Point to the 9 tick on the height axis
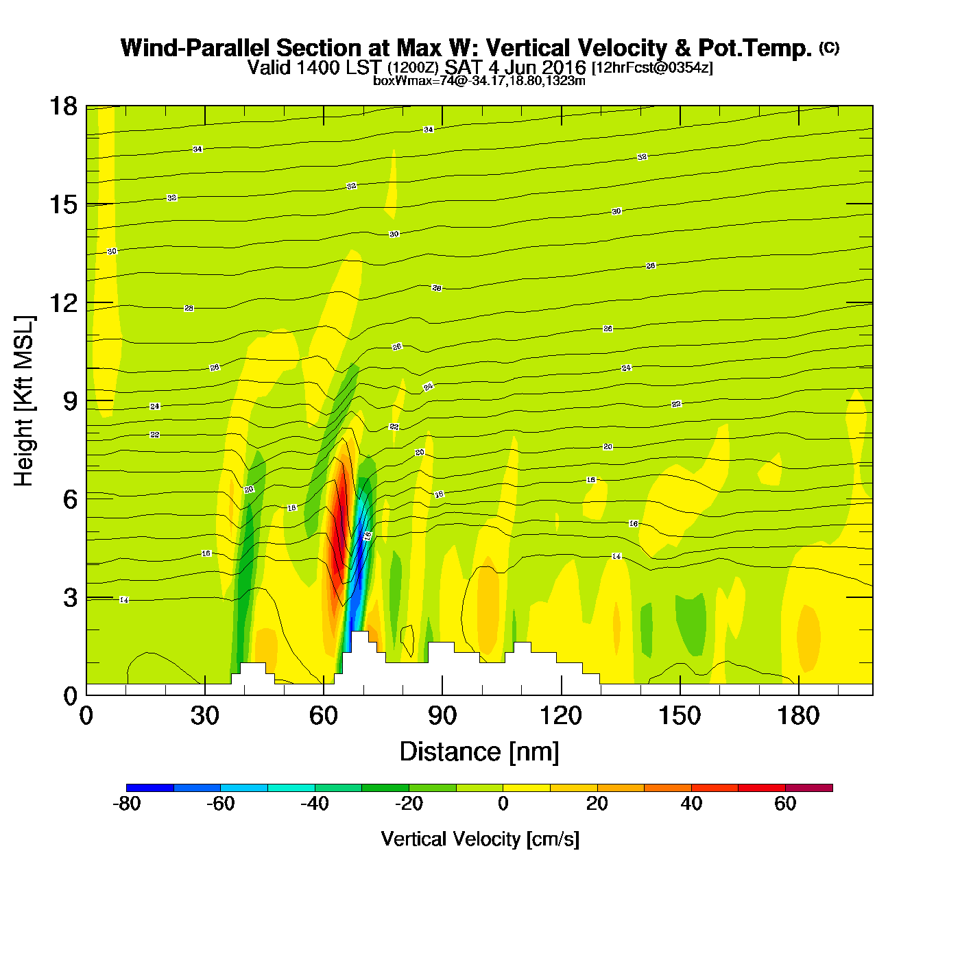86,401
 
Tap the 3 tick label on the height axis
70,598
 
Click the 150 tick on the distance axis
680,695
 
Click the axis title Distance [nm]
479,752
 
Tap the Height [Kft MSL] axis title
25,401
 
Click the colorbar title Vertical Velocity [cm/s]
480,839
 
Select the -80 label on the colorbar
126,804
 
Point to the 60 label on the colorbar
785,804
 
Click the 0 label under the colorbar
503,804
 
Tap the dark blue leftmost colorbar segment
150,788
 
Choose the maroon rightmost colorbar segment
809,788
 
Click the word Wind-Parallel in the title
195,48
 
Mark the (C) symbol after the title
829,47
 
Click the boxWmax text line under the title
479,81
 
